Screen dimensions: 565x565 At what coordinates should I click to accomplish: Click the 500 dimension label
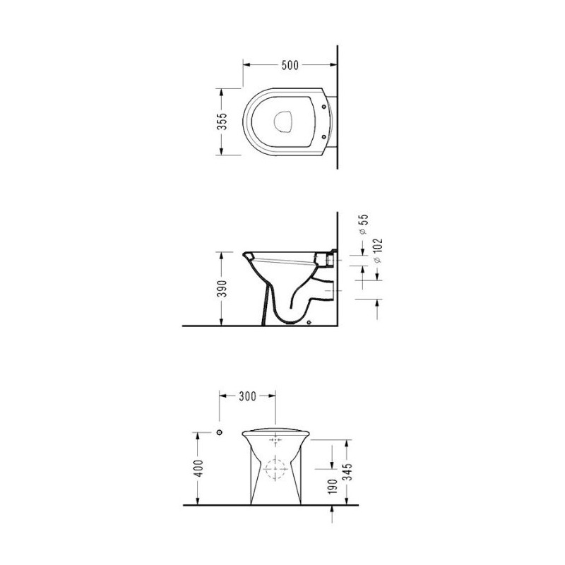tap(290, 65)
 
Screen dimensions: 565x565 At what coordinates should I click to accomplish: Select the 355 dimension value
tap(223, 121)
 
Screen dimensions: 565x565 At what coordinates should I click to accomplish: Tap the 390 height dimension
tap(223, 289)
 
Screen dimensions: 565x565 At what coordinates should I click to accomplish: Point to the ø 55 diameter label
tap(364, 225)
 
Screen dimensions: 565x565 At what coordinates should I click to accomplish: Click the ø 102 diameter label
tap(378, 251)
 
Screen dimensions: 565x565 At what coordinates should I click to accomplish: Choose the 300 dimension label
tap(248, 396)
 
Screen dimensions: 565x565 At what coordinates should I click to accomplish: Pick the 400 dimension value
tap(199, 468)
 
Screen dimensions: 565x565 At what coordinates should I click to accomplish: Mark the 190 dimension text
tap(333, 487)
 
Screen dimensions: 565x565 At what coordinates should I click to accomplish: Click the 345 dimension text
tap(347, 472)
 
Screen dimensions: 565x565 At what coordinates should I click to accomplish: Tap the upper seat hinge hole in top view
tap(323, 107)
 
